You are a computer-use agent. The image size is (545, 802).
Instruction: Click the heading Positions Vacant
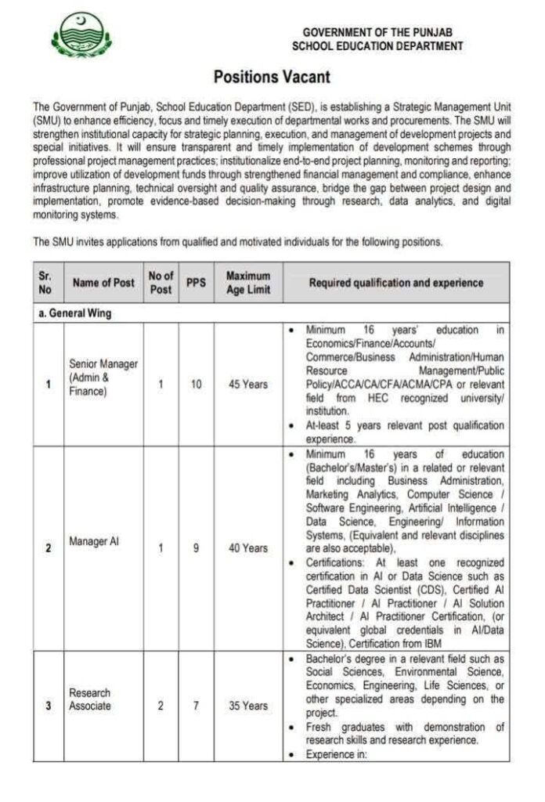(272, 77)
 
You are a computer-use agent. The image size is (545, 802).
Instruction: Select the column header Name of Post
(103, 283)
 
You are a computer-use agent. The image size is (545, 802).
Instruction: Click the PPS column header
(196, 283)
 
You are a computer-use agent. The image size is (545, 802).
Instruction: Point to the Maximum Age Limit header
(247, 283)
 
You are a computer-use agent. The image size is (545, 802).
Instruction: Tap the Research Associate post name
(90, 699)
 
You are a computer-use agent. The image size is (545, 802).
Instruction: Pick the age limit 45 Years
(247, 385)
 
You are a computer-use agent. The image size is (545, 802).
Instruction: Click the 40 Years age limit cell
(247, 548)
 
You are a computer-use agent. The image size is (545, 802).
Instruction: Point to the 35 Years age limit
(247, 706)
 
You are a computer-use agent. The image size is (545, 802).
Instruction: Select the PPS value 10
(196, 385)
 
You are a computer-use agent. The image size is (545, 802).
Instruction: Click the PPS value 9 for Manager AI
(196, 548)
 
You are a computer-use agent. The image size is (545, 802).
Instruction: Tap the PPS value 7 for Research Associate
(196, 706)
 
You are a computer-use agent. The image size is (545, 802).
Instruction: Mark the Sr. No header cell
(45, 283)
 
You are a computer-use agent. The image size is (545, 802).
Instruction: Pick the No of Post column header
(161, 283)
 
